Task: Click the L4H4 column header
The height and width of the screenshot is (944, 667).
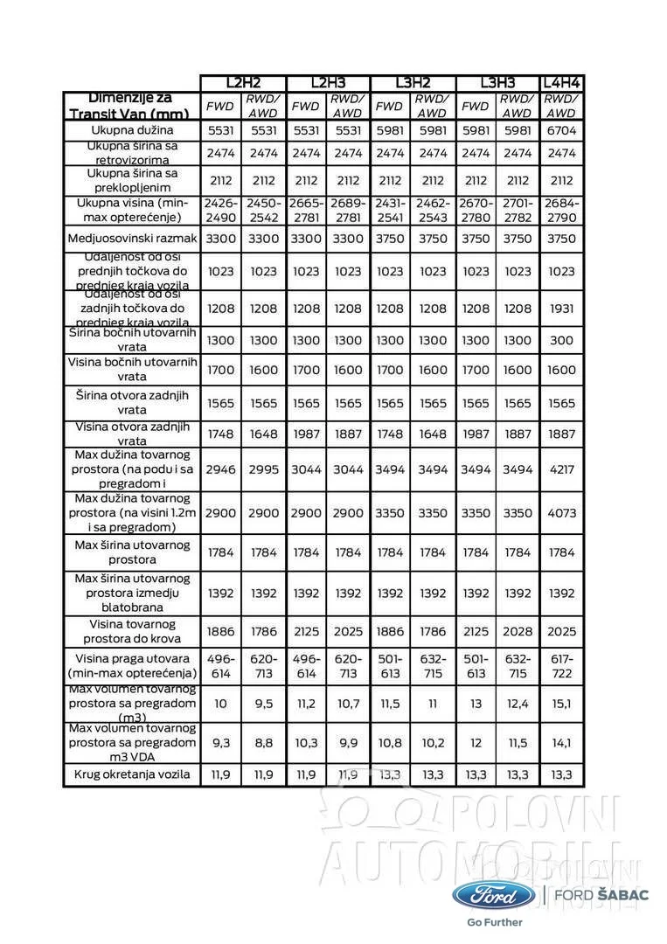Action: pyautogui.click(x=562, y=83)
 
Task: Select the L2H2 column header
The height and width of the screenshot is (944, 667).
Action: pyautogui.click(x=243, y=83)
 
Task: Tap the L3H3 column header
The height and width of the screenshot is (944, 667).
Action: pyautogui.click(x=497, y=83)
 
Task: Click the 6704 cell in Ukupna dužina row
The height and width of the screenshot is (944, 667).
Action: pyautogui.click(x=562, y=130)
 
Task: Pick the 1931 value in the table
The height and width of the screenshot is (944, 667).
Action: pyautogui.click(x=562, y=309)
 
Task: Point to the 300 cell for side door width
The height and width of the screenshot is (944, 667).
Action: pyautogui.click(x=562, y=339)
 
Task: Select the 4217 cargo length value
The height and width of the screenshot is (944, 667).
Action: pyautogui.click(x=562, y=469)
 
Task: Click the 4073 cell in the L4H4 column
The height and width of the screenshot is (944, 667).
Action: pyautogui.click(x=562, y=513)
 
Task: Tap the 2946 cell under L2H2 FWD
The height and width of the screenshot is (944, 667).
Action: pyautogui.click(x=221, y=469)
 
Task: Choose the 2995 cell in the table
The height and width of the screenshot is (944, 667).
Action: pyautogui.click(x=264, y=469)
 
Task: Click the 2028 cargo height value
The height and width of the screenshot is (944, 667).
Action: pyautogui.click(x=518, y=631)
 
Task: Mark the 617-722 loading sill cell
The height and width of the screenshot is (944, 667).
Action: pyautogui.click(x=562, y=666)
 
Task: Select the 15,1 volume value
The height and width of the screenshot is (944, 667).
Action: pyautogui.click(x=562, y=704)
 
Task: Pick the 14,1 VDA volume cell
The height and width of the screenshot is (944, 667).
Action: pyautogui.click(x=562, y=743)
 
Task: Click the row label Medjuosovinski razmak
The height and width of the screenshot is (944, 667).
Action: pyautogui.click(x=133, y=239)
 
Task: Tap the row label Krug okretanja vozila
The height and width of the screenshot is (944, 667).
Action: pyautogui.click(x=133, y=774)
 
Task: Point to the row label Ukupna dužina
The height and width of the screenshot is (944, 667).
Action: pyautogui.click(x=133, y=130)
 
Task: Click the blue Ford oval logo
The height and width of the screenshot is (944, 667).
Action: pyautogui.click(x=494, y=896)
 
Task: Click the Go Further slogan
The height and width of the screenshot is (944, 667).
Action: pyautogui.click(x=494, y=921)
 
